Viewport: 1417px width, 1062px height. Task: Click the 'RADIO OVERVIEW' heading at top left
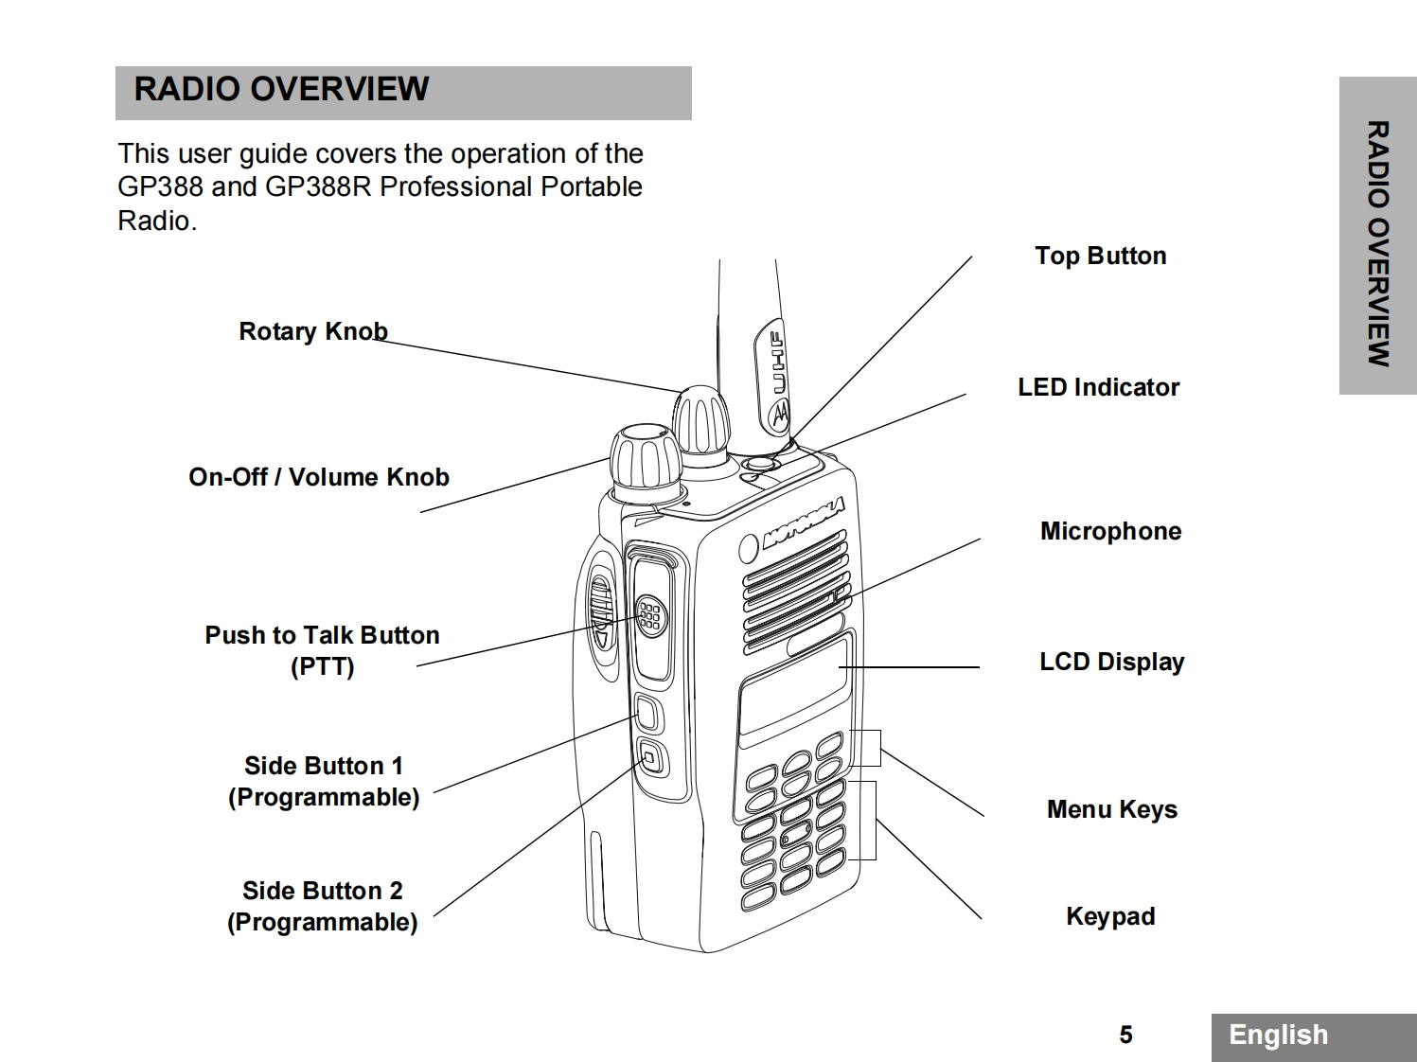[281, 89]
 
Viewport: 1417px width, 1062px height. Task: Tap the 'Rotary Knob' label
[312, 331]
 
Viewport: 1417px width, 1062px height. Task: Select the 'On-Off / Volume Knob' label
[318, 477]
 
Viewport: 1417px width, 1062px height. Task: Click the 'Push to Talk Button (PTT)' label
[322, 650]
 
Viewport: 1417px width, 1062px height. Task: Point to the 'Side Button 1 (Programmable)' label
[323, 781]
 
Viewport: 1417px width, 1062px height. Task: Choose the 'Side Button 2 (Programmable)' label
[322, 906]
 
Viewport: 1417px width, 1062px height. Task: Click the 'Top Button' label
[1100, 256]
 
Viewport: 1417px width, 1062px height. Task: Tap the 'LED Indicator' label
[1098, 387]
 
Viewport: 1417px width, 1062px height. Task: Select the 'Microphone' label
[1110, 531]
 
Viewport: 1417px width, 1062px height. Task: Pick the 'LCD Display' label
[1111, 662]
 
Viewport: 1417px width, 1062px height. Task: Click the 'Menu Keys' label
[1111, 809]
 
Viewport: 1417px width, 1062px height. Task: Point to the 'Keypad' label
[1110, 916]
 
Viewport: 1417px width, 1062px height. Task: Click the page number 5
[1125, 1035]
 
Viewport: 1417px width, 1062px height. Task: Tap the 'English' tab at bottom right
[1278, 1035]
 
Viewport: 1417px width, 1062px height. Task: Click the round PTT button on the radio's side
[650, 616]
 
